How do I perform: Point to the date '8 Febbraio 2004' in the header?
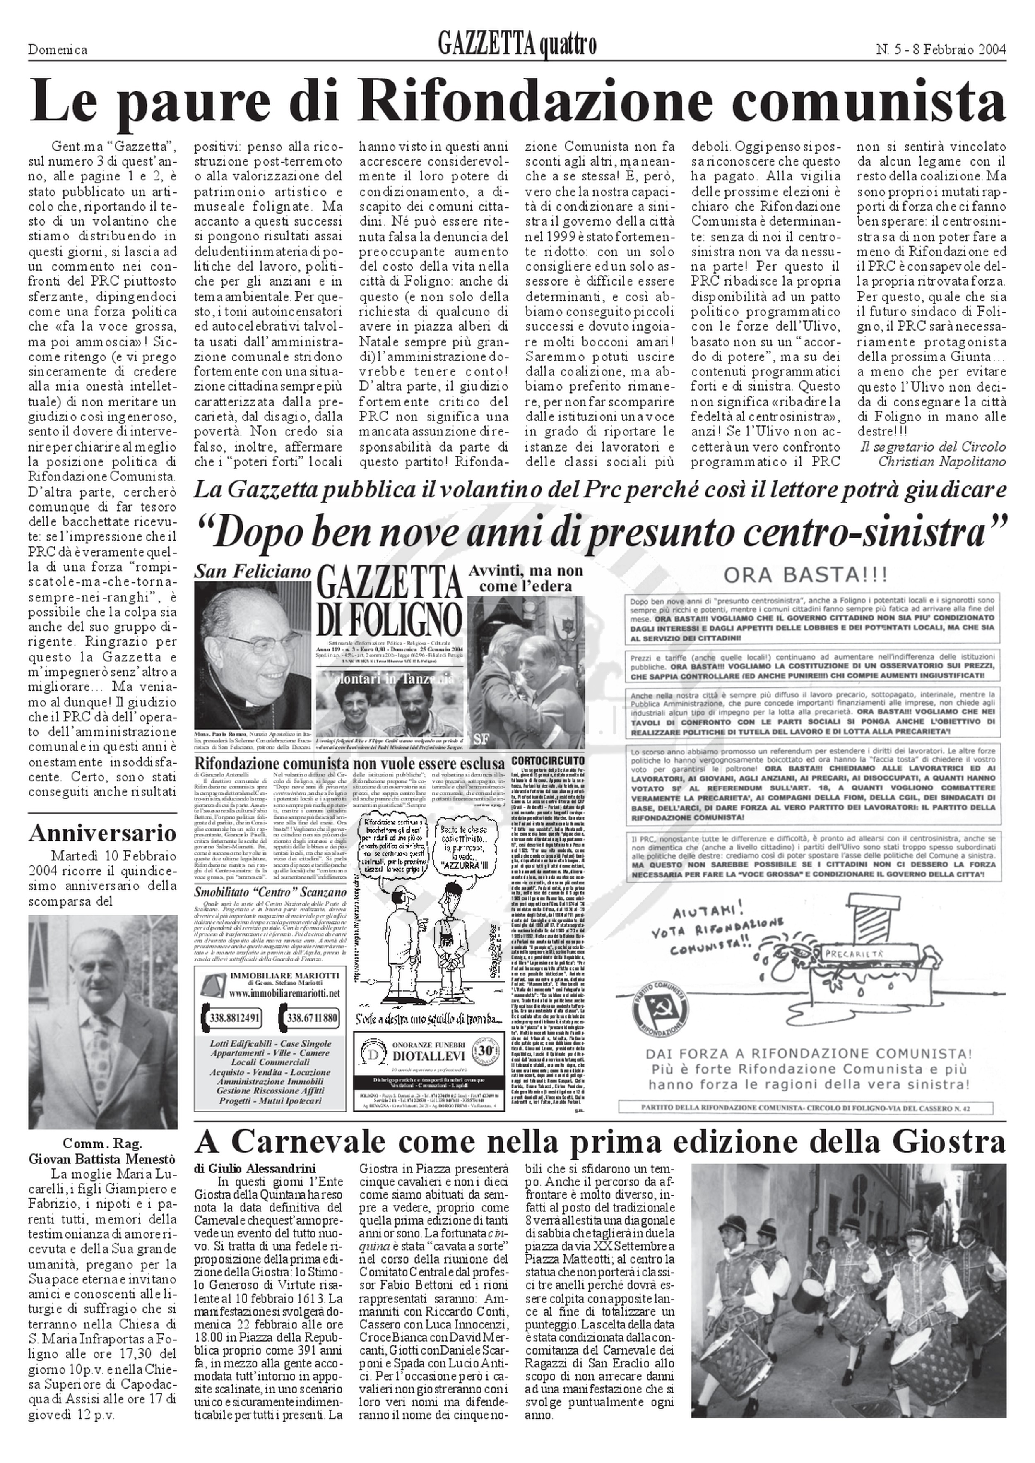tap(963, 49)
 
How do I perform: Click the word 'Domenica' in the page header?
tap(58, 50)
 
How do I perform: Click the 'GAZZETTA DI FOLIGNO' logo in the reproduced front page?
tap(389, 598)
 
